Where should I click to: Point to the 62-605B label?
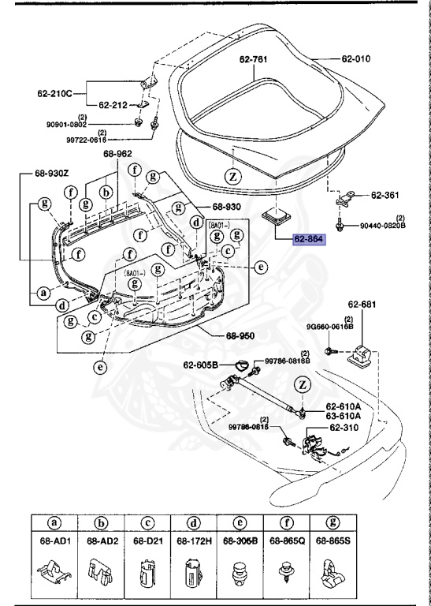201,365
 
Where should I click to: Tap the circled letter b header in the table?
100,523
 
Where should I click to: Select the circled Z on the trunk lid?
232,176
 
